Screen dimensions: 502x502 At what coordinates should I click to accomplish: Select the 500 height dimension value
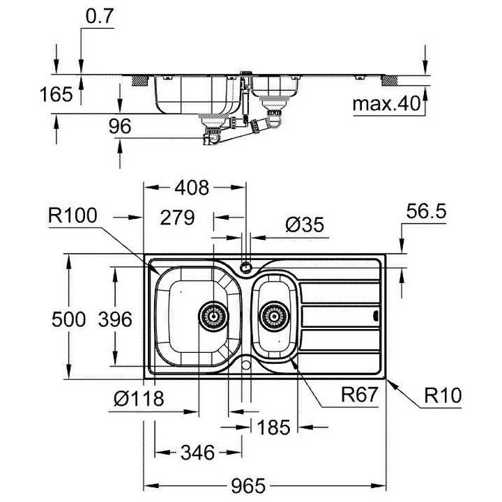pyautogui.click(x=68, y=319)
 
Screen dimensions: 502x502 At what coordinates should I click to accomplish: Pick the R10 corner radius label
pyautogui.click(x=444, y=396)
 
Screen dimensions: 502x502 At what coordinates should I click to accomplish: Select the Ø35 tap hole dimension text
pyautogui.click(x=305, y=225)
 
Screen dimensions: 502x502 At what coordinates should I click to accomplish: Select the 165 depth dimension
pyautogui.click(x=56, y=94)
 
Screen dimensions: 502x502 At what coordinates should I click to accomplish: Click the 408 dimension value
pyautogui.click(x=191, y=188)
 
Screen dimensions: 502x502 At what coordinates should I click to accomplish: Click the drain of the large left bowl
pyautogui.click(x=213, y=316)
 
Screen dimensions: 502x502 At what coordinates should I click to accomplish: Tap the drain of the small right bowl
pyautogui.click(x=274, y=316)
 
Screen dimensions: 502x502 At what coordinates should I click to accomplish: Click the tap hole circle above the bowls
pyautogui.click(x=245, y=266)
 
